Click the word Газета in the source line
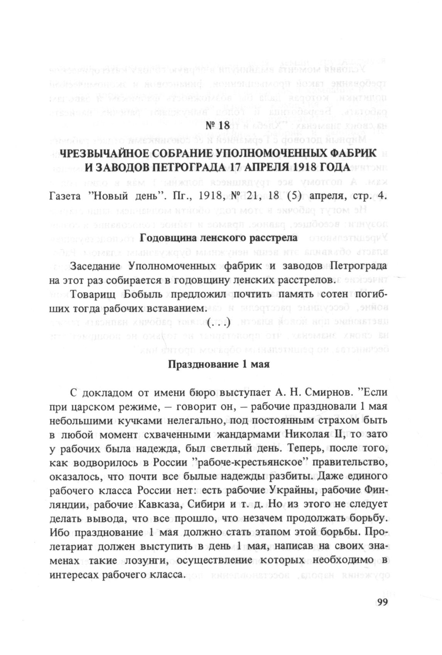pyautogui.click(x=65, y=196)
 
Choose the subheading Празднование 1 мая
pyautogui.click(x=219, y=364)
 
